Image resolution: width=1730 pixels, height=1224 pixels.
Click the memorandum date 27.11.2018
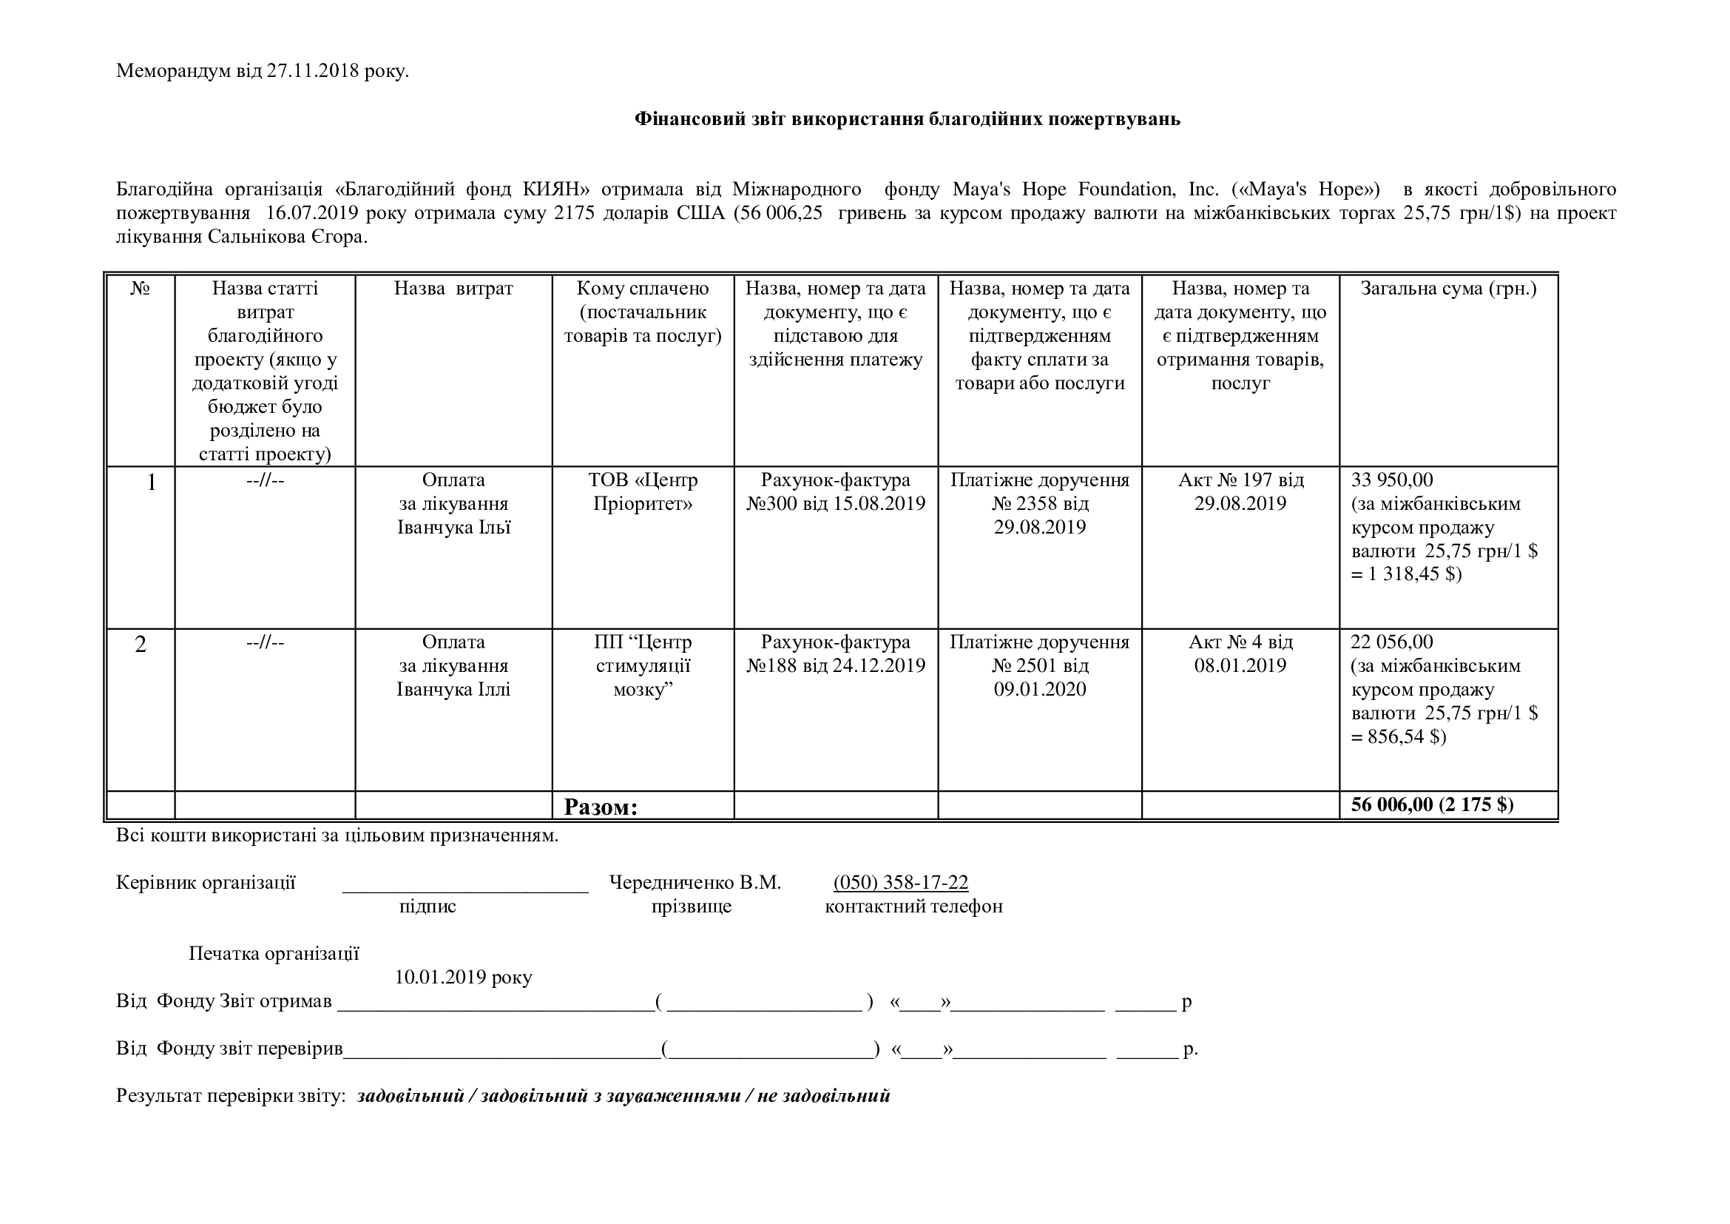tap(312, 72)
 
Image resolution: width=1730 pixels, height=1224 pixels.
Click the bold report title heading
tap(908, 119)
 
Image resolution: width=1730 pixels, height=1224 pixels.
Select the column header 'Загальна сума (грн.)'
tap(1448, 289)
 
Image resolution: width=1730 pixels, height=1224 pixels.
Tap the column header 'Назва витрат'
tap(453, 289)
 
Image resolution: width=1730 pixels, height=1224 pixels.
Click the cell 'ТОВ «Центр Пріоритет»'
tap(643, 491)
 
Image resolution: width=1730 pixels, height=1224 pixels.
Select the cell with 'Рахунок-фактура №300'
tap(836, 491)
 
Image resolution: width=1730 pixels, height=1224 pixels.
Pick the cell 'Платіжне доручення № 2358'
tap(1040, 502)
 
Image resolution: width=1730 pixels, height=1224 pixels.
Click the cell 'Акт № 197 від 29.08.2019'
tap(1240, 491)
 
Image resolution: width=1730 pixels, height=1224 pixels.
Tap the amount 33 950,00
tap(1392, 480)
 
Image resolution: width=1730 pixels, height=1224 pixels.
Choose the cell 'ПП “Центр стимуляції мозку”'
tap(643, 665)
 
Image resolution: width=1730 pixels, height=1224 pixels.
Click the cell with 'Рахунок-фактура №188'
tap(836, 653)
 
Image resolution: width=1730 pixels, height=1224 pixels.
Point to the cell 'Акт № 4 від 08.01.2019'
tap(1240, 653)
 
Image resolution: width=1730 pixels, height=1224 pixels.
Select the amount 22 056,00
tap(1391, 642)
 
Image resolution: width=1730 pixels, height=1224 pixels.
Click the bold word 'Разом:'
tap(601, 807)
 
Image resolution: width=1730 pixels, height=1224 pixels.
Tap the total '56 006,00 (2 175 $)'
tap(1432, 804)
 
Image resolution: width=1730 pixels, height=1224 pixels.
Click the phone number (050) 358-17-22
tap(900, 883)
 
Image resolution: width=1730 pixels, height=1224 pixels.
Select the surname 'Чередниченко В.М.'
tap(695, 883)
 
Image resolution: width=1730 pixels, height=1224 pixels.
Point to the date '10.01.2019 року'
tap(464, 978)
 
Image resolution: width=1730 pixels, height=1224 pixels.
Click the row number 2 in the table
tap(141, 645)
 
